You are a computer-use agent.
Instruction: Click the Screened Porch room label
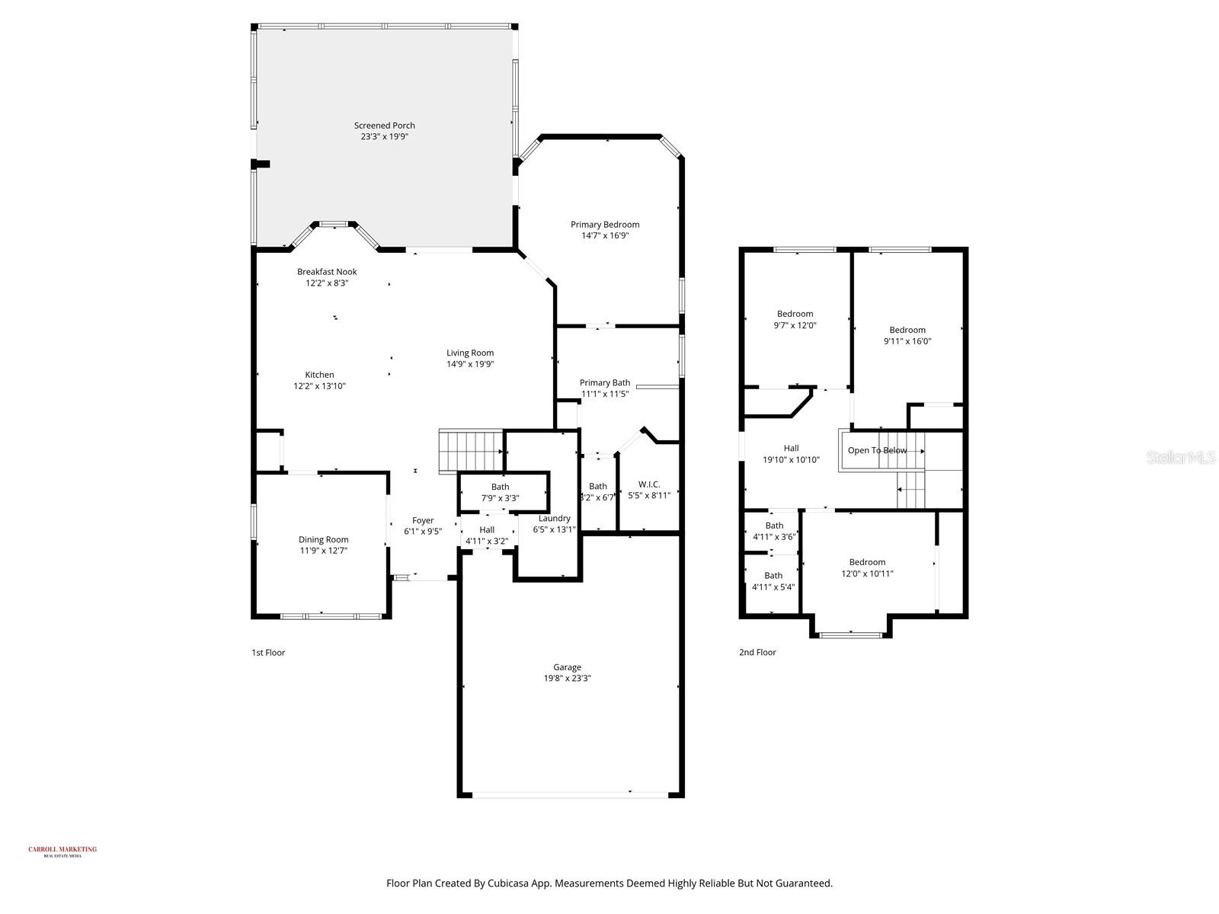(x=384, y=126)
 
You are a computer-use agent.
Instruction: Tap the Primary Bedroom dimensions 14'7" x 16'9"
(x=605, y=236)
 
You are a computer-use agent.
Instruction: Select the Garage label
(x=567, y=667)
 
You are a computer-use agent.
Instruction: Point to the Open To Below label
(x=877, y=450)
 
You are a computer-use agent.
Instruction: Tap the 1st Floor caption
(x=268, y=653)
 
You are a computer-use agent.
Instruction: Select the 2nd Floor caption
(x=757, y=653)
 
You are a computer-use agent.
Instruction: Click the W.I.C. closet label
(x=649, y=484)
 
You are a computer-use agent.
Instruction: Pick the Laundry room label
(x=554, y=519)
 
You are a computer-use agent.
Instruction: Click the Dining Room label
(x=323, y=540)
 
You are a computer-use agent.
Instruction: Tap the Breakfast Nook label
(x=327, y=272)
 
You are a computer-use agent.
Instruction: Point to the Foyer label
(x=423, y=521)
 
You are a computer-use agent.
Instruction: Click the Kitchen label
(x=319, y=375)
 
